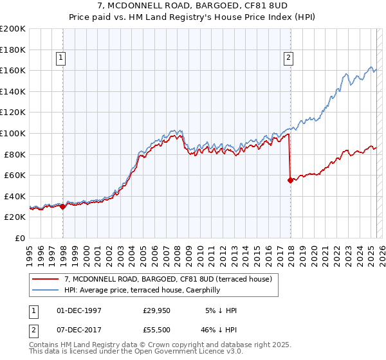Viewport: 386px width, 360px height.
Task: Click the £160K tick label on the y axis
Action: click(14, 70)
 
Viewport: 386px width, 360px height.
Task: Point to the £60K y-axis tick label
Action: click(15, 175)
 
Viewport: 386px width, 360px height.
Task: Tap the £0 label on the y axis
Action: click(21, 238)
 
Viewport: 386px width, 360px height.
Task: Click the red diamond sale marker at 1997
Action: click(63, 207)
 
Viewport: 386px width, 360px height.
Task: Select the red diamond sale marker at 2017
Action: click(290, 180)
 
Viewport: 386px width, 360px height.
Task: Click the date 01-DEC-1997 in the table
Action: click(79, 310)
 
